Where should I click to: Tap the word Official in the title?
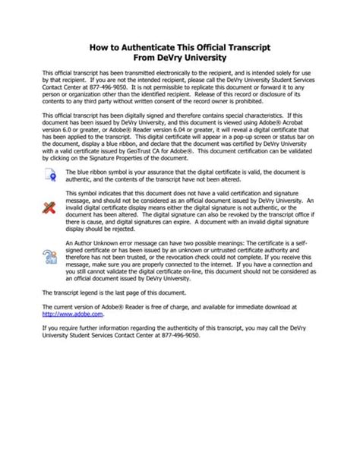click(213, 47)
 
